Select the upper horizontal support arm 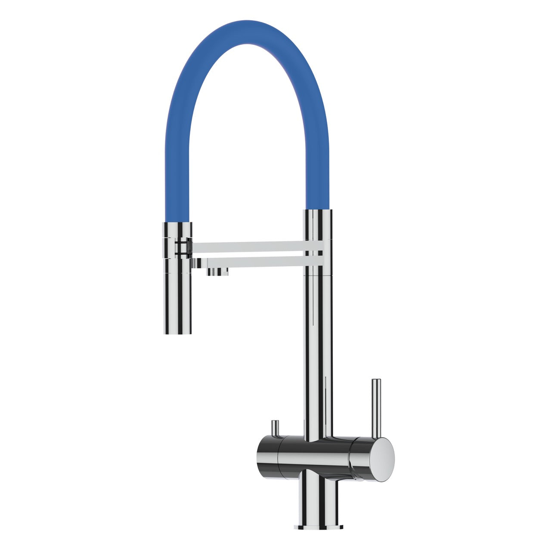pyautogui.click(x=250, y=247)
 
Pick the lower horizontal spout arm pyautogui.click(x=258, y=262)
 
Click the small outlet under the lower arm pyautogui.click(x=218, y=271)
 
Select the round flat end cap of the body pyautogui.click(x=383, y=459)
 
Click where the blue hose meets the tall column pyautogui.click(x=319, y=210)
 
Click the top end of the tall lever pyautogui.click(x=376, y=381)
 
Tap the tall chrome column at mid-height pyautogui.click(x=319, y=336)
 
